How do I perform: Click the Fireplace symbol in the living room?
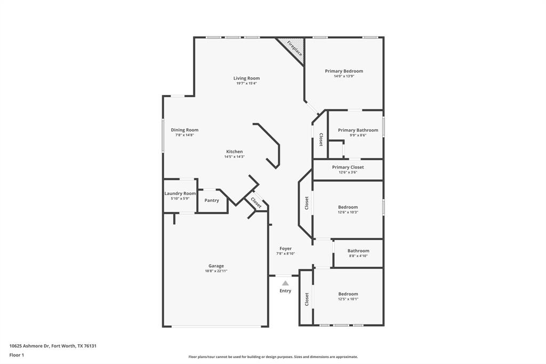click(294, 49)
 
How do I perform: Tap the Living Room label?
click(246, 78)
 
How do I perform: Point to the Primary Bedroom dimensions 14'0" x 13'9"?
click(344, 76)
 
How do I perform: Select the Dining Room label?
click(184, 130)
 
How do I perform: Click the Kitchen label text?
click(234, 152)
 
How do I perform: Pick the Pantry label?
click(212, 201)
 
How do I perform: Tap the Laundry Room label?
click(180, 193)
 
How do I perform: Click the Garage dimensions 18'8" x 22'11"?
click(216, 271)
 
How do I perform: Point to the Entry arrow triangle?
click(285, 283)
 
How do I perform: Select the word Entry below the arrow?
click(285, 291)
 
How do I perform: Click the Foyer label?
click(285, 248)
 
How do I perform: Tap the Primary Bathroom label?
click(358, 130)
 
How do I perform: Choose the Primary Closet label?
click(348, 167)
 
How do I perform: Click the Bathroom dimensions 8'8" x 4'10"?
click(358, 256)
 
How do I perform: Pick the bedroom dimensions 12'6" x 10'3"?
click(348, 212)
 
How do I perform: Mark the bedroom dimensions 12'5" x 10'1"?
click(348, 299)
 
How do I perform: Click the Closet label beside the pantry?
click(256, 203)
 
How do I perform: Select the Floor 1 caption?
click(17, 355)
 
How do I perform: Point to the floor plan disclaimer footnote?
click(272, 357)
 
